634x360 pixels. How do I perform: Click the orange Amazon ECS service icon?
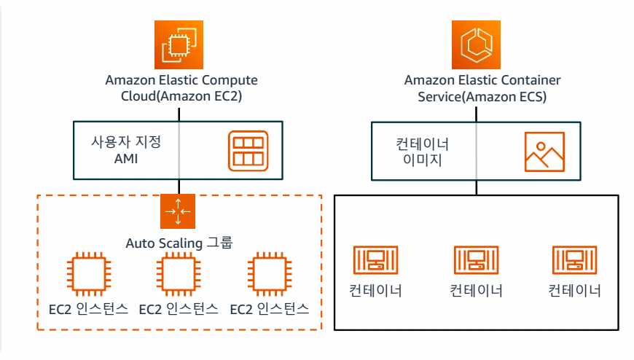477,45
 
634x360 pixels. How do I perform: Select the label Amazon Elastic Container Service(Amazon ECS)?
477,87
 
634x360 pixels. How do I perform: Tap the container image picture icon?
544,151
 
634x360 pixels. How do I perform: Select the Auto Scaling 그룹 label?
179,242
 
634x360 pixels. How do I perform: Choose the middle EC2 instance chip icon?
178,275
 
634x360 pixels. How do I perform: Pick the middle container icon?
477,261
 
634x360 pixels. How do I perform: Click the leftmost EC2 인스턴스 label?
84,308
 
